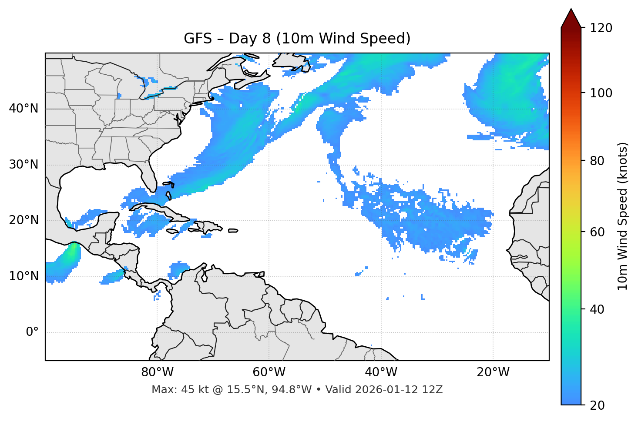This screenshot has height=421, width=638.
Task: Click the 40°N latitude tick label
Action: click(24, 109)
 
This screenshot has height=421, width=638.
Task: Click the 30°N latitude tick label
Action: click(24, 165)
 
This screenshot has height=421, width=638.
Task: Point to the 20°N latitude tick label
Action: click(24, 220)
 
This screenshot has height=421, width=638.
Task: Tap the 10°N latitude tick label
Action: click(24, 276)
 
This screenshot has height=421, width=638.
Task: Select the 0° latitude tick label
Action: click(32, 332)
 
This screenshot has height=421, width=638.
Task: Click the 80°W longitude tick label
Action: click(157, 372)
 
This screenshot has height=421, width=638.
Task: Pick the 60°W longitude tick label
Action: click(269, 372)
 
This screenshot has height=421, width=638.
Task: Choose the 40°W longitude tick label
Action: click(381, 372)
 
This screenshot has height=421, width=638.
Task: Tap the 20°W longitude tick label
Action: click(493, 372)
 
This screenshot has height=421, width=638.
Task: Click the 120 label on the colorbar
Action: click(601, 28)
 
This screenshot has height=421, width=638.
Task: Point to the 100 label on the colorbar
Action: click(601, 93)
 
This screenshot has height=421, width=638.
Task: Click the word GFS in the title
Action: click(195, 39)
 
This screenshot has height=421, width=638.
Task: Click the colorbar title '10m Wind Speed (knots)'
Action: click(623, 216)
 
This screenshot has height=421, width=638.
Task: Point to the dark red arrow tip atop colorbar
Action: click(571, 17)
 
